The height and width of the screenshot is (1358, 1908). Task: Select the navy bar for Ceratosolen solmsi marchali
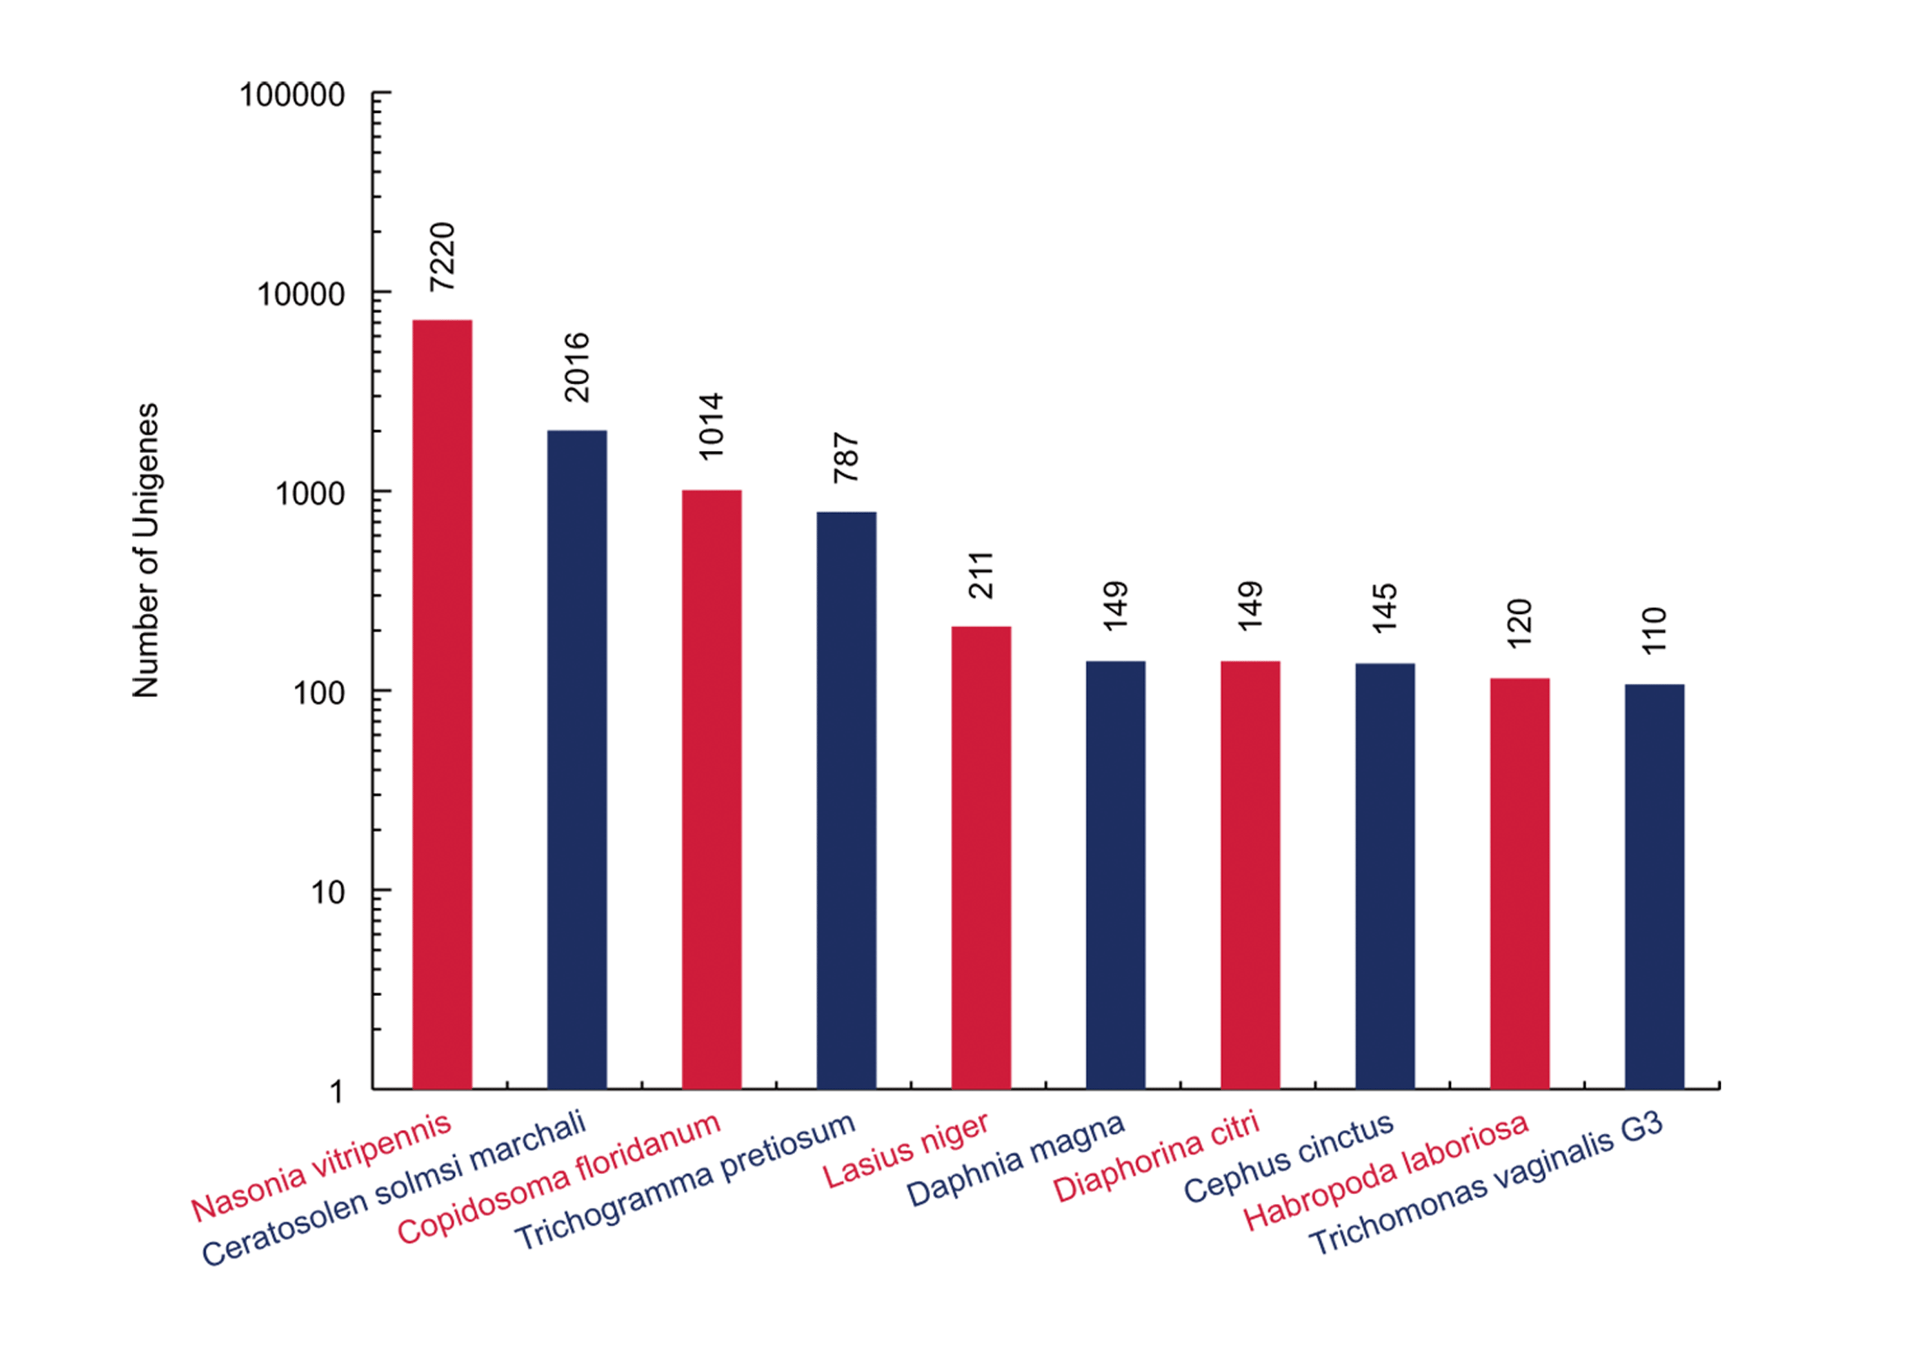[x=576, y=758]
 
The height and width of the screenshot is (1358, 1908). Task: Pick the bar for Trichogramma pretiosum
[x=846, y=799]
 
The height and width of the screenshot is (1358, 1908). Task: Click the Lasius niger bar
[x=980, y=856]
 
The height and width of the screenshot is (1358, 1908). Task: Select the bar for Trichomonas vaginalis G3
[x=1654, y=885]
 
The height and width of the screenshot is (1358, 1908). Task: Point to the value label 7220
[x=441, y=256]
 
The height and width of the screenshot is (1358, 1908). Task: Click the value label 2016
[x=576, y=367]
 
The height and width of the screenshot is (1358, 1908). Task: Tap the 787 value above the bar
[x=846, y=458]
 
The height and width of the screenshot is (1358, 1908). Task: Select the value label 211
[x=980, y=574]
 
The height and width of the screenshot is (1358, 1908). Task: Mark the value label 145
[x=1384, y=608]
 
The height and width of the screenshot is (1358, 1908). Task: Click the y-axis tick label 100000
[x=292, y=95]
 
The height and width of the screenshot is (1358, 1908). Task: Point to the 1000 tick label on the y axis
[x=310, y=494]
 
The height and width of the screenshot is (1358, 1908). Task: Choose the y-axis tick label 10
[x=327, y=893]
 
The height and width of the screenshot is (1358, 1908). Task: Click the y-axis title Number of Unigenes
[x=146, y=550]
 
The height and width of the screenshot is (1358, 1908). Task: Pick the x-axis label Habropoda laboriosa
[x=1386, y=1172]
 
